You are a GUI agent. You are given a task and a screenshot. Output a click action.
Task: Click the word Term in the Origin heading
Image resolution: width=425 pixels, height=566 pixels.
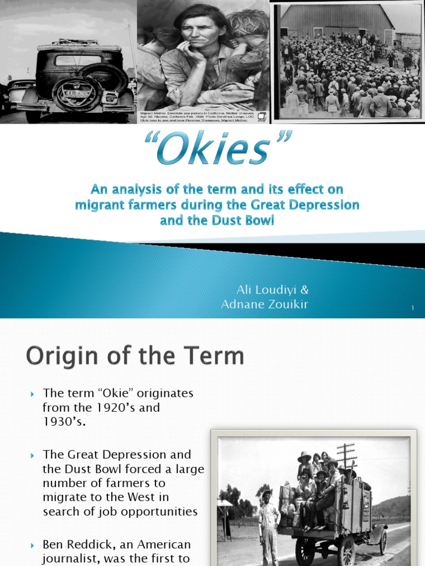pos(212,357)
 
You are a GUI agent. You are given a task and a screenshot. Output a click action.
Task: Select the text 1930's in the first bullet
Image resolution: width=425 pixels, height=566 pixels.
pos(64,422)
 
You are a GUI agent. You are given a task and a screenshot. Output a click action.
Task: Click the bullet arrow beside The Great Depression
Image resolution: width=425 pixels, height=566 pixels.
pos(33,455)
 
